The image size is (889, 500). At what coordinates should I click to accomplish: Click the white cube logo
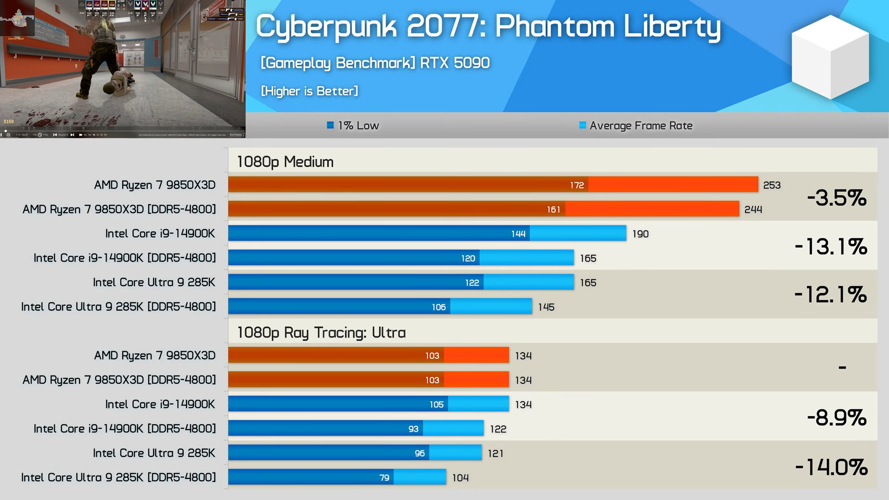click(830, 56)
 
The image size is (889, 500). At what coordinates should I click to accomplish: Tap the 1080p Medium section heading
click(285, 162)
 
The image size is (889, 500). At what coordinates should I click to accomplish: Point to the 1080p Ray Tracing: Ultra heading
click(321, 332)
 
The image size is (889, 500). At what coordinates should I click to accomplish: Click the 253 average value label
click(772, 185)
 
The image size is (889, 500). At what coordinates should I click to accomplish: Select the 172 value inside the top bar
click(577, 185)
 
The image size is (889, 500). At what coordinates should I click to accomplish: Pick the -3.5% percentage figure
click(836, 198)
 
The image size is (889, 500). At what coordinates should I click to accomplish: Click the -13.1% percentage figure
click(831, 246)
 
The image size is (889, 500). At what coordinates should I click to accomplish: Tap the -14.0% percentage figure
click(831, 467)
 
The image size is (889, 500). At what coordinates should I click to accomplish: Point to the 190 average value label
click(640, 234)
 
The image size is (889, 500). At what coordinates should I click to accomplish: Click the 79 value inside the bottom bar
click(384, 478)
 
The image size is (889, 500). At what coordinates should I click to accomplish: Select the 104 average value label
click(461, 478)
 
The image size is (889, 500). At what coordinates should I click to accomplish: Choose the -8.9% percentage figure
click(836, 418)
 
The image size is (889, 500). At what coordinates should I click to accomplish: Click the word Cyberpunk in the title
click(326, 26)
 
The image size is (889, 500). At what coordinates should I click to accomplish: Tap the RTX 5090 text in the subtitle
click(455, 62)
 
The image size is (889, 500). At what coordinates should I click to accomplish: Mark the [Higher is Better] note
click(309, 91)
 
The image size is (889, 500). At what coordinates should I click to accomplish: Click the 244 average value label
click(753, 209)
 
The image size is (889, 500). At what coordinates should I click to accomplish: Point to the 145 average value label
click(546, 307)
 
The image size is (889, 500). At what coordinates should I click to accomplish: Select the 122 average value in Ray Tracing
click(498, 429)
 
